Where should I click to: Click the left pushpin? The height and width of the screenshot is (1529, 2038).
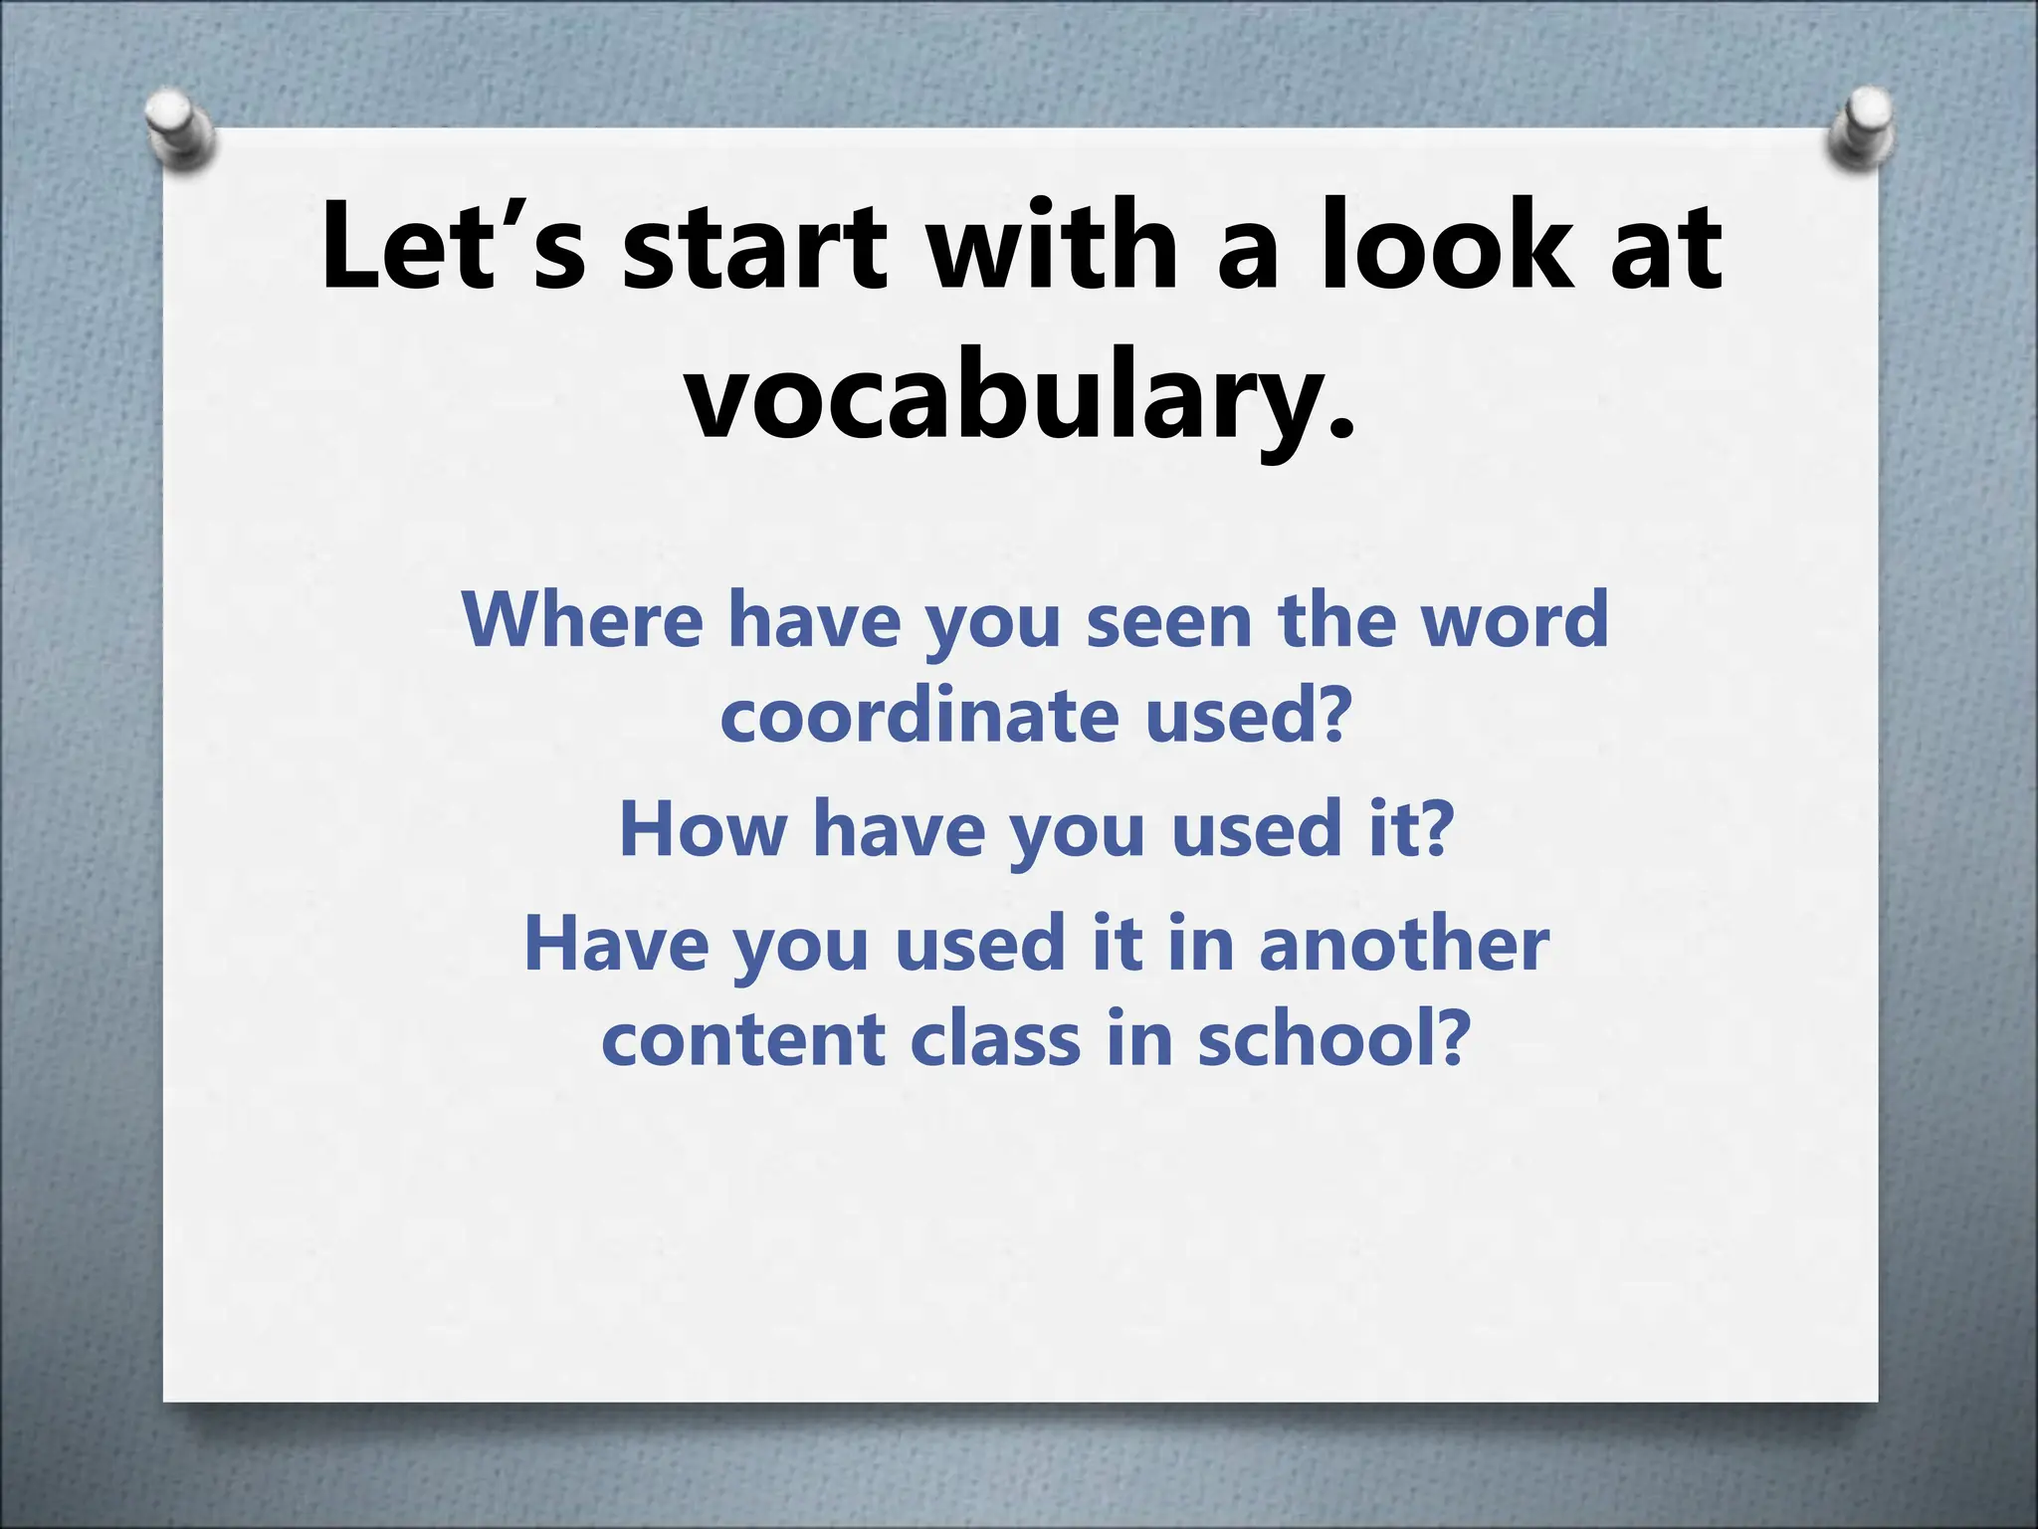tap(179, 130)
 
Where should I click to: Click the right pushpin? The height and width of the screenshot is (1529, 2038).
tap(1859, 128)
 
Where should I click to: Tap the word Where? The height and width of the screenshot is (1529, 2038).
tap(583, 619)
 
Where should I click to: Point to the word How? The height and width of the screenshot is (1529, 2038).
tap(703, 828)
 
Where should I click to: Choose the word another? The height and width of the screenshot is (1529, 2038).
tap(1403, 943)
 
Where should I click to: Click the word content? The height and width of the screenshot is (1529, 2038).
tap(742, 1038)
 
